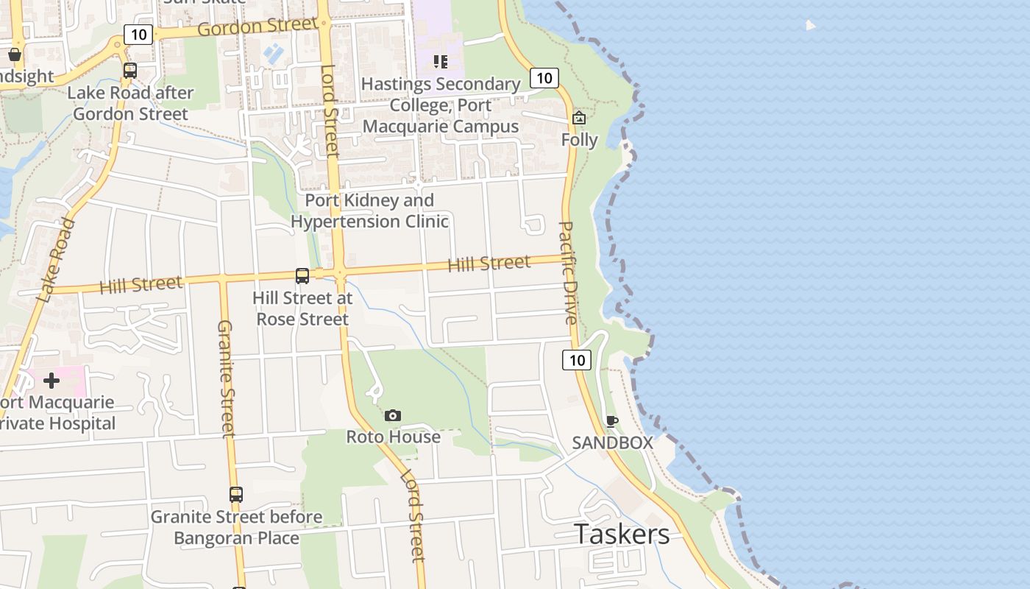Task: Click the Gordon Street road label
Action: [x=258, y=27]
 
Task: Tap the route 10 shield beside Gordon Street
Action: [x=138, y=34]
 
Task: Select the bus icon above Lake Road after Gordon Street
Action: [x=130, y=71]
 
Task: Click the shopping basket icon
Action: [x=14, y=54]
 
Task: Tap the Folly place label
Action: [x=579, y=140]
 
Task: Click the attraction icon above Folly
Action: [x=579, y=118]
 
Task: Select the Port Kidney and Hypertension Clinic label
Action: [x=370, y=211]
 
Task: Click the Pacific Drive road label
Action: [x=568, y=272]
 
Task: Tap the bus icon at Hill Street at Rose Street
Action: [x=302, y=275]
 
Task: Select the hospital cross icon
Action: [x=51, y=381]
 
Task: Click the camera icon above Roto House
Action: [x=393, y=416]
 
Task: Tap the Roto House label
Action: [x=394, y=437]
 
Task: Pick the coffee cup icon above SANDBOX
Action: [x=611, y=421]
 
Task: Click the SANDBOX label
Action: [x=613, y=442]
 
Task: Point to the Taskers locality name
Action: [x=622, y=534]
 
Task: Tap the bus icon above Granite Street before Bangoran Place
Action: [x=236, y=495]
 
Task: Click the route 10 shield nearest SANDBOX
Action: [x=577, y=359]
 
